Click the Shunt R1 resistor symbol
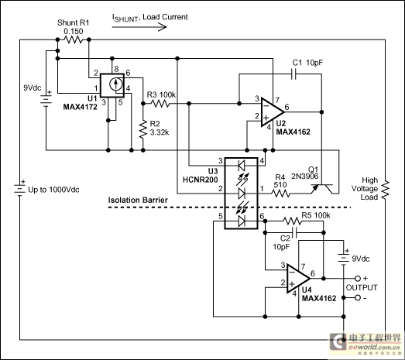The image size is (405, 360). (x=73, y=39)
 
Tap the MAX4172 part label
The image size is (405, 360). (x=80, y=107)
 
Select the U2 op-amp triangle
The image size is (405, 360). (x=273, y=112)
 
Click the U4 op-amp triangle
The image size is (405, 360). (x=299, y=279)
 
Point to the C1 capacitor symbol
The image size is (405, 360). (x=293, y=74)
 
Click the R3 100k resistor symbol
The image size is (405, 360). (x=160, y=104)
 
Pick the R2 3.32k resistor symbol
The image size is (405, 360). (x=142, y=129)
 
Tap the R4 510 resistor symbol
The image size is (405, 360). (x=280, y=194)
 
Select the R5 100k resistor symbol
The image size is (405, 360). (x=292, y=221)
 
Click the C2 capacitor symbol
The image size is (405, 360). (x=294, y=233)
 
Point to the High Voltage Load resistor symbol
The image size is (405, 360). (x=386, y=190)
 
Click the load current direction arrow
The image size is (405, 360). (x=139, y=27)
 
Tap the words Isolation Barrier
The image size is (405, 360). (x=138, y=201)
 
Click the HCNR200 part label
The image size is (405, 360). (x=200, y=180)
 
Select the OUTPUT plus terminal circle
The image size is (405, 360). (x=358, y=279)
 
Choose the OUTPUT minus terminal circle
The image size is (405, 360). (x=358, y=298)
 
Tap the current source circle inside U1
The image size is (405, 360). (x=115, y=84)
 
